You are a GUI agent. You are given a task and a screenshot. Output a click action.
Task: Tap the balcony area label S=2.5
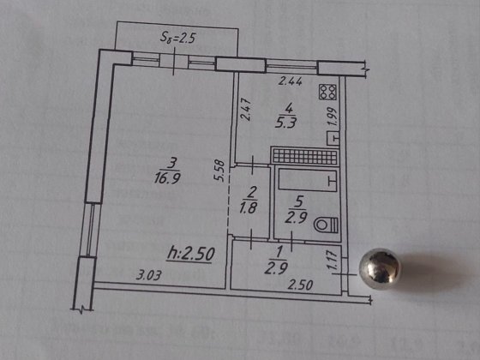pyautogui.click(x=178, y=39)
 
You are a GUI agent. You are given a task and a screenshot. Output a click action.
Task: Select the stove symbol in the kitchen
pyautogui.click(x=327, y=92)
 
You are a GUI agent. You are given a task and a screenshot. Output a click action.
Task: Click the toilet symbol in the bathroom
pyautogui.click(x=326, y=225)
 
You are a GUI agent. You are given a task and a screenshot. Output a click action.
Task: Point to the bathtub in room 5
pyautogui.click(x=308, y=181)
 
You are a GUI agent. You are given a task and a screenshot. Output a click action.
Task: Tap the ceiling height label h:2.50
pyautogui.click(x=191, y=254)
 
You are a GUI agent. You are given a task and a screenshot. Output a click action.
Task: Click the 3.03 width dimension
pyautogui.click(x=148, y=275)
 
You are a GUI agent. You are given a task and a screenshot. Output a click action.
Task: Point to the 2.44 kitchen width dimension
pyautogui.click(x=291, y=81)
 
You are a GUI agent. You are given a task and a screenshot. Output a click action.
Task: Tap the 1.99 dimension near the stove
pyautogui.click(x=333, y=117)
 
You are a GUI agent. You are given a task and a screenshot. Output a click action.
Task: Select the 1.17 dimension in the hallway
pyautogui.click(x=333, y=261)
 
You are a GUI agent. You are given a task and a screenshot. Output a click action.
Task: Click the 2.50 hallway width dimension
pyautogui.click(x=300, y=285)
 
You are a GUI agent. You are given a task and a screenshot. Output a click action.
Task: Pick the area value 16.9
pyautogui.click(x=167, y=178)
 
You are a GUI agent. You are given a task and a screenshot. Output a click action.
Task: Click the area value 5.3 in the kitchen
pyautogui.click(x=286, y=123)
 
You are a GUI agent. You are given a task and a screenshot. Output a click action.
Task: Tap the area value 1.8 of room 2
pyautogui.click(x=249, y=208)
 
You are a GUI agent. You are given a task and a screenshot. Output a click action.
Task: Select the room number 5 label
pyautogui.click(x=299, y=201)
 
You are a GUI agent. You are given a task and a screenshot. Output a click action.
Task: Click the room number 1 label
pyautogui.click(x=279, y=253)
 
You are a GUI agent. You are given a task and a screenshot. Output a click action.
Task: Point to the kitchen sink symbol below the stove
pyautogui.click(x=333, y=138)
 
